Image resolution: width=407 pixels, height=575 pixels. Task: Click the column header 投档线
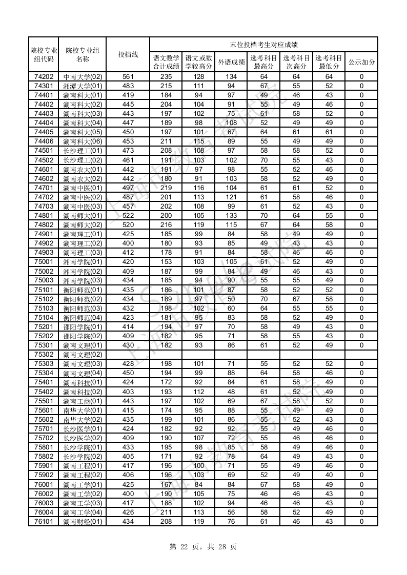click(x=128, y=54)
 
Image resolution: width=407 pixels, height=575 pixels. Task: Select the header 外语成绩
click(x=231, y=62)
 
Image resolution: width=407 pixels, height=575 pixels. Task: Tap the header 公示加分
click(x=361, y=62)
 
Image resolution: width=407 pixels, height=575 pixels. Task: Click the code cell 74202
click(x=44, y=77)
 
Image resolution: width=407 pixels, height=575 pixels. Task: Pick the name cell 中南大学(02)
click(x=83, y=77)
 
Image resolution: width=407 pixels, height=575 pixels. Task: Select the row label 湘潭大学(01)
click(x=83, y=86)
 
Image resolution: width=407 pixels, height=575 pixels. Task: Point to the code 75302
click(x=44, y=355)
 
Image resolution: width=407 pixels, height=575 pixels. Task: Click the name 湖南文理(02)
click(x=83, y=355)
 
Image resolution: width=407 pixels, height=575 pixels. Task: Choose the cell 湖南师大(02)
click(x=83, y=225)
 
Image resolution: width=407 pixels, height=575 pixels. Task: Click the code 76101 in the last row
click(x=44, y=522)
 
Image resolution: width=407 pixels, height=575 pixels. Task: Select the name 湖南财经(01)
click(x=83, y=522)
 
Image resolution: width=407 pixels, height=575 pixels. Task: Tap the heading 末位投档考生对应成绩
click(x=263, y=45)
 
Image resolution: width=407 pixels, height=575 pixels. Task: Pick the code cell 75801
click(x=44, y=447)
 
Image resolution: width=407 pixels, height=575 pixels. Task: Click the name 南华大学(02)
click(x=83, y=420)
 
